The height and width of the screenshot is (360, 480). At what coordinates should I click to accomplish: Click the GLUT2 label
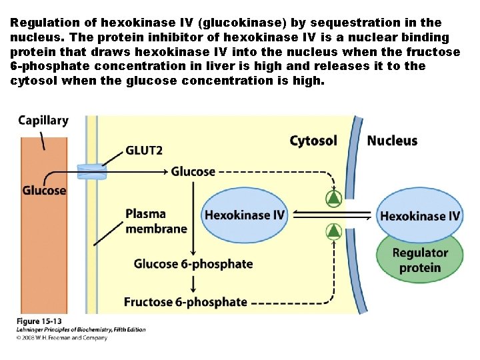click(x=143, y=150)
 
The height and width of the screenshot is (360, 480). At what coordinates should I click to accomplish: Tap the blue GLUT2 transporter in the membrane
click(x=91, y=171)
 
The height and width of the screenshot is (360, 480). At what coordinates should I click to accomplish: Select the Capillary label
click(x=43, y=121)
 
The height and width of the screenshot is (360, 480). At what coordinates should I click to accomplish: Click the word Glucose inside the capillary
click(x=44, y=190)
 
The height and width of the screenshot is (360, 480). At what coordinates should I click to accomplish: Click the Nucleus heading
click(x=392, y=141)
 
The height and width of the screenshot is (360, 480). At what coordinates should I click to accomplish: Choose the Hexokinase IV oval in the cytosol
click(x=245, y=215)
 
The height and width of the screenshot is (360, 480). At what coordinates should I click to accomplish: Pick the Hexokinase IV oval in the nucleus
click(x=420, y=215)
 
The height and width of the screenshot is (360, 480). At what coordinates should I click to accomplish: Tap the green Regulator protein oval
click(x=420, y=260)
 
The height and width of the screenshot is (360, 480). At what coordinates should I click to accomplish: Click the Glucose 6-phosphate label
click(x=193, y=263)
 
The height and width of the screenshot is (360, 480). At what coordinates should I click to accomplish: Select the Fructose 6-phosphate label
click(x=185, y=302)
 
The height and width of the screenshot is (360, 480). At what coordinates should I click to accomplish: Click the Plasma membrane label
click(x=156, y=221)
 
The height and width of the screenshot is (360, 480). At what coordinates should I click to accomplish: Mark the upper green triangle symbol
click(x=333, y=197)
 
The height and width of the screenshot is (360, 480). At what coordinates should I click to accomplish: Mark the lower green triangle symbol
click(x=333, y=231)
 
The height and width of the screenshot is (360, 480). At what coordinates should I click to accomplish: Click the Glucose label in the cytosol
click(x=193, y=171)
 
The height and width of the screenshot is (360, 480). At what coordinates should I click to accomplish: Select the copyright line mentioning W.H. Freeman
click(x=62, y=337)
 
